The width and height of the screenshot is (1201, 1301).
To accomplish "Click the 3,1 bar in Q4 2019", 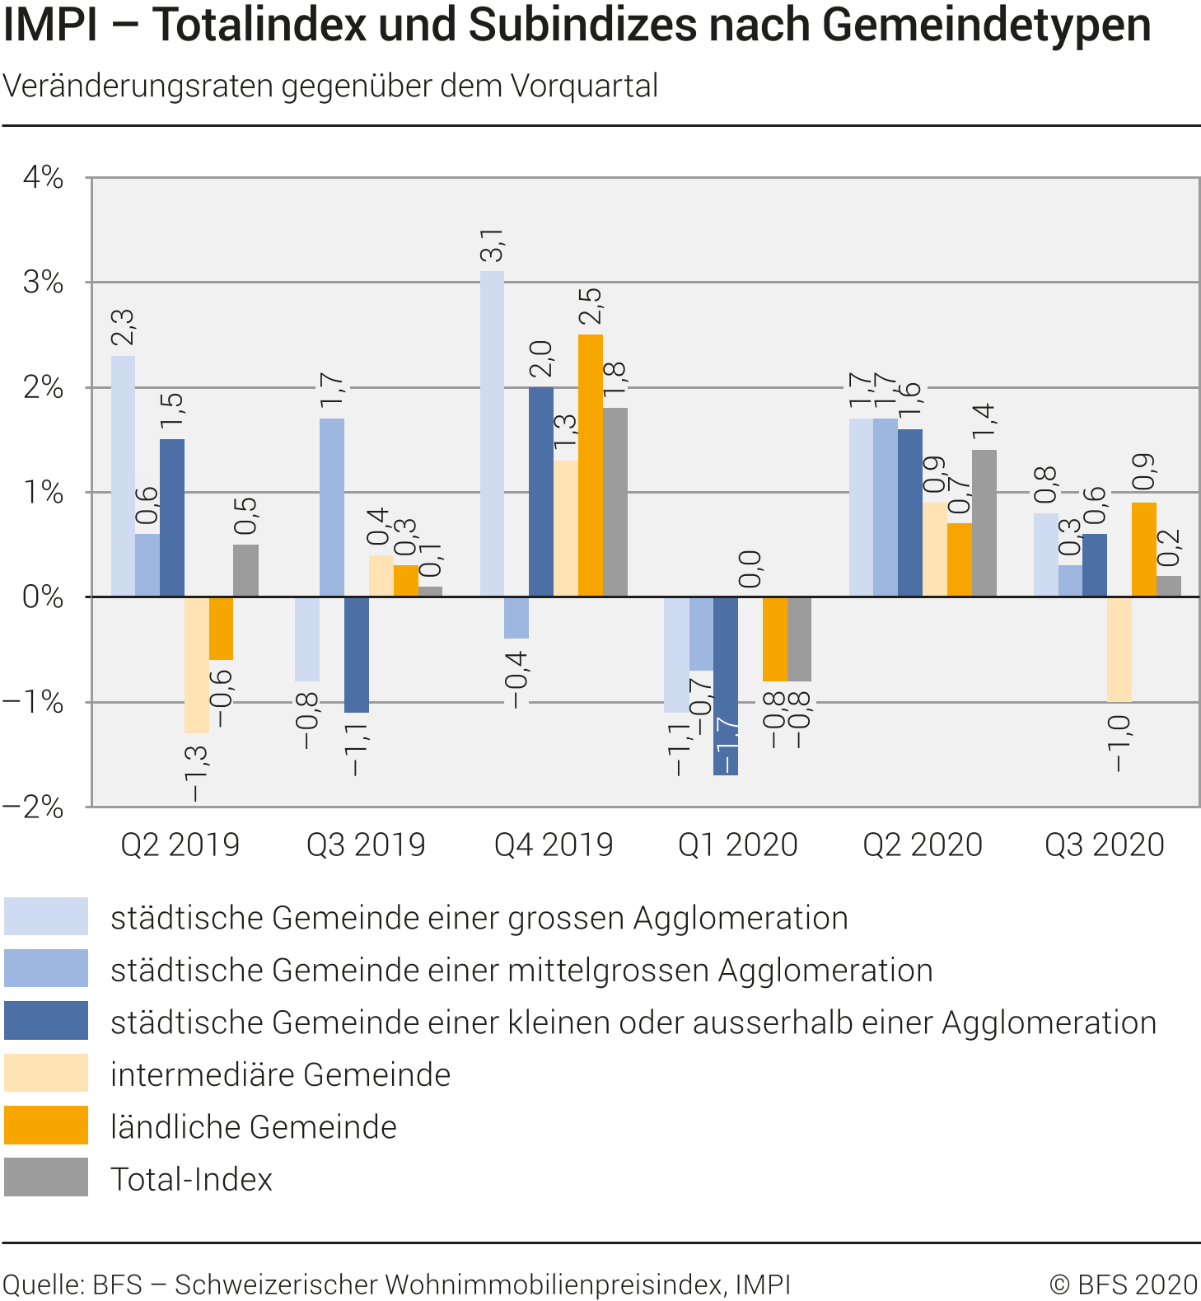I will tap(492, 433).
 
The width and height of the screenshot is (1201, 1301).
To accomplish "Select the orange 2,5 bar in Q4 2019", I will tap(590, 466).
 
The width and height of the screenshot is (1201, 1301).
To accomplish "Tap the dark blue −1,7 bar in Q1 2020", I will tap(726, 686).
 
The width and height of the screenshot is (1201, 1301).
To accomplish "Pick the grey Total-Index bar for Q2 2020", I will tap(984, 523).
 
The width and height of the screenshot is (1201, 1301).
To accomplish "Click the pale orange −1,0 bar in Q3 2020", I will tap(1119, 649).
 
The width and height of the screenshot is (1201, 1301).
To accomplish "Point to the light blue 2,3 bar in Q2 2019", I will tap(123, 476).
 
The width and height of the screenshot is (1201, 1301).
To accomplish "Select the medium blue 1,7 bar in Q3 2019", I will tap(332, 508).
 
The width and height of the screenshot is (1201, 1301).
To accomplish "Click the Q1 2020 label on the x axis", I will tap(738, 845).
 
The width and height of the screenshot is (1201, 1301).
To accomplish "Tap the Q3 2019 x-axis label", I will tap(366, 845).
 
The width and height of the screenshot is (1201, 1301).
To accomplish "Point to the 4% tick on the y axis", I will tap(43, 177).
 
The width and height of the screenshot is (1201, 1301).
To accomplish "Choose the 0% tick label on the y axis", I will tap(43, 597).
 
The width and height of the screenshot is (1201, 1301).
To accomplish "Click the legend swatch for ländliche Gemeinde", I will tap(46, 1126).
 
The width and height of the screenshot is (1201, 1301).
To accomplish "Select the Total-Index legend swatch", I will tap(46, 1177).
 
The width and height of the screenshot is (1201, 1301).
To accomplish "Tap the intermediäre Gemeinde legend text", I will tap(280, 1074).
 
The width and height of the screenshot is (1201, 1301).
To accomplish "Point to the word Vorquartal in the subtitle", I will tap(583, 86).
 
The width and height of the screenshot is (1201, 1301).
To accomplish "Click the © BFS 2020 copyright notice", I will tap(1123, 1284).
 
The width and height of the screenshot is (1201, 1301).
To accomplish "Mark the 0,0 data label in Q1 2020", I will tap(750, 569).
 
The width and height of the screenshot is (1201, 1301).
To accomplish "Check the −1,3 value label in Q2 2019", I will tap(196, 773).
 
